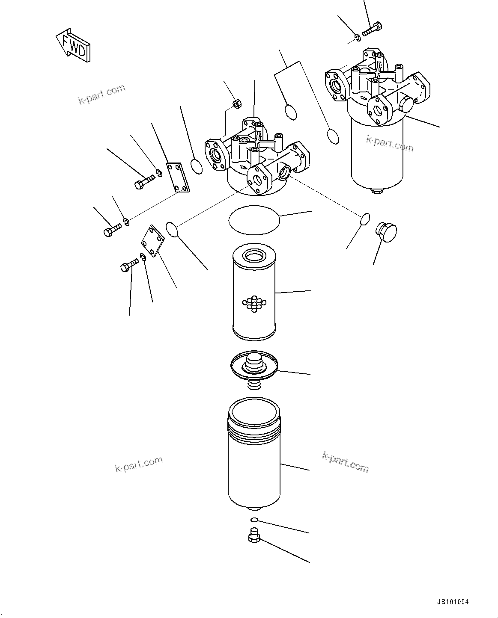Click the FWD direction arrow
73,45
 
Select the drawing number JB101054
453,602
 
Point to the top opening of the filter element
254,257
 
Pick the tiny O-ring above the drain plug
253,520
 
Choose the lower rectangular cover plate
154,241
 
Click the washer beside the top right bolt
358,39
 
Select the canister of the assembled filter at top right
377,152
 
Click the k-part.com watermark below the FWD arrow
102,94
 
